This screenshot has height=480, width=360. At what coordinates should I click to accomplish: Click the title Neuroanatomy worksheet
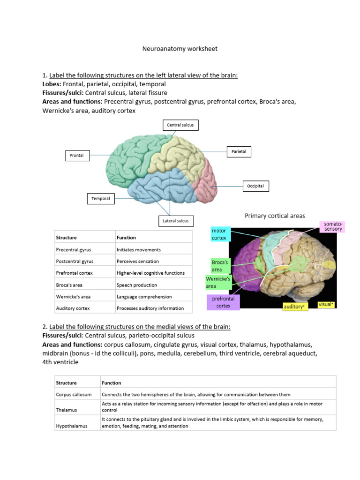(180, 49)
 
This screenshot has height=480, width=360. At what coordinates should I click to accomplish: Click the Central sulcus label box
(180, 125)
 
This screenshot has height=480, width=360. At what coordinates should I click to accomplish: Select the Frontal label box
(77, 155)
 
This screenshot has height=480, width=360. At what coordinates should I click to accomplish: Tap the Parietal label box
(239, 151)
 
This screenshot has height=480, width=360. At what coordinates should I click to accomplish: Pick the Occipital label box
(255, 186)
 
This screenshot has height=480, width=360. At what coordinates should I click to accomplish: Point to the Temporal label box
(100, 199)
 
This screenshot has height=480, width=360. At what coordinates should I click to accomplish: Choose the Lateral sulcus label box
(175, 221)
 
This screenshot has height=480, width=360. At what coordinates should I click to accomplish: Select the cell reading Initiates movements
(139, 250)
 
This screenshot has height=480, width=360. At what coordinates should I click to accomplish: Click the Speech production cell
(137, 285)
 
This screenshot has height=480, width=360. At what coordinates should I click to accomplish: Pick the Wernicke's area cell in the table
(74, 297)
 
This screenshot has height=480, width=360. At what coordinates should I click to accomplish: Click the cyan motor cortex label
(219, 234)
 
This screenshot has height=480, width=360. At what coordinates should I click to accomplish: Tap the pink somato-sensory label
(333, 227)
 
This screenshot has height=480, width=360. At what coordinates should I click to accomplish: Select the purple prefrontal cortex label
(223, 302)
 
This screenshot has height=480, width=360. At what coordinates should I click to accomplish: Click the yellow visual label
(326, 304)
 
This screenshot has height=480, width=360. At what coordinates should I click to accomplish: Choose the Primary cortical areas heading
(275, 216)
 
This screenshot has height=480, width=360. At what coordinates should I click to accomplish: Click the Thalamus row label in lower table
(66, 410)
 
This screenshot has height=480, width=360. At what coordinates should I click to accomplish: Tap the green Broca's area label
(220, 266)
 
